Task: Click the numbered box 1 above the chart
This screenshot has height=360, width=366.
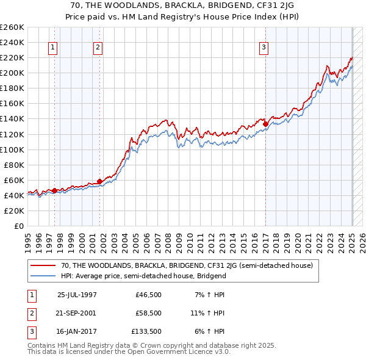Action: click(x=54, y=48)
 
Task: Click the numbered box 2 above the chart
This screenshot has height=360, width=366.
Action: click(x=98, y=48)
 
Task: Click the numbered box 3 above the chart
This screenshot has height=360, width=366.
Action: click(x=264, y=48)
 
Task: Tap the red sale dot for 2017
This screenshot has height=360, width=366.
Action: click(x=266, y=124)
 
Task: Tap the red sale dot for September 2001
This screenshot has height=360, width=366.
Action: click(x=99, y=181)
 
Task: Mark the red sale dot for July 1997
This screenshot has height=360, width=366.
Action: click(x=55, y=190)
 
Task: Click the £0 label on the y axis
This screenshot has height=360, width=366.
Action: click(x=19, y=226)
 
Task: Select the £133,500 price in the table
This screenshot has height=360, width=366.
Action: click(x=146, y=332)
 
